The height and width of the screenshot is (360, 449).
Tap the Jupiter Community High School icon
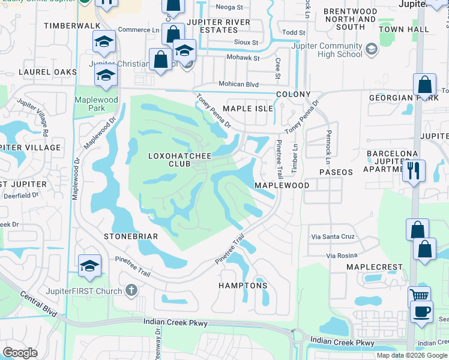[371, 49]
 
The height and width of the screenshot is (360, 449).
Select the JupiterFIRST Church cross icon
[132, 290]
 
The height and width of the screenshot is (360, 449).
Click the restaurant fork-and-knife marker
[414, 170]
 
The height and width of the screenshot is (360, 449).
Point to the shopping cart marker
[419, 296]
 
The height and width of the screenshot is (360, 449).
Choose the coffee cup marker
[421, 312]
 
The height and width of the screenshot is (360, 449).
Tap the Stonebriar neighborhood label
[130, 236]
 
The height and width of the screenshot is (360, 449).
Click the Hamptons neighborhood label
[243, 286]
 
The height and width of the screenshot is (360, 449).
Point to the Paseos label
[336, 172]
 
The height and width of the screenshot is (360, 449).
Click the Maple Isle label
[248, 109]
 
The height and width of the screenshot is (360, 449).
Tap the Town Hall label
[404, 29]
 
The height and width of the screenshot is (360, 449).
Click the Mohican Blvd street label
[238, 84]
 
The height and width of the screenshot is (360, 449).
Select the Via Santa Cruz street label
[332, 237]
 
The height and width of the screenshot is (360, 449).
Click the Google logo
[19, 353]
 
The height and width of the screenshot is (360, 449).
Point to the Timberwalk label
[64, 26]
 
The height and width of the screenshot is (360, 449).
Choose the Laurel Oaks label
[48, 72]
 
